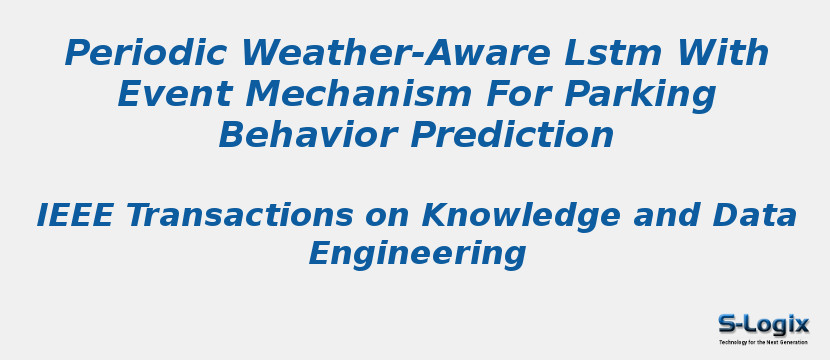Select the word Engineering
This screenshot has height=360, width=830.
(x=417, y=254)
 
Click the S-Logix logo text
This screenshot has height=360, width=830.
(x=763, y=324)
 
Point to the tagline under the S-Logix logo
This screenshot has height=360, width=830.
(x=763, y=342)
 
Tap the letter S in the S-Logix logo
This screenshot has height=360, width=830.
(x=727, y=324)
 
